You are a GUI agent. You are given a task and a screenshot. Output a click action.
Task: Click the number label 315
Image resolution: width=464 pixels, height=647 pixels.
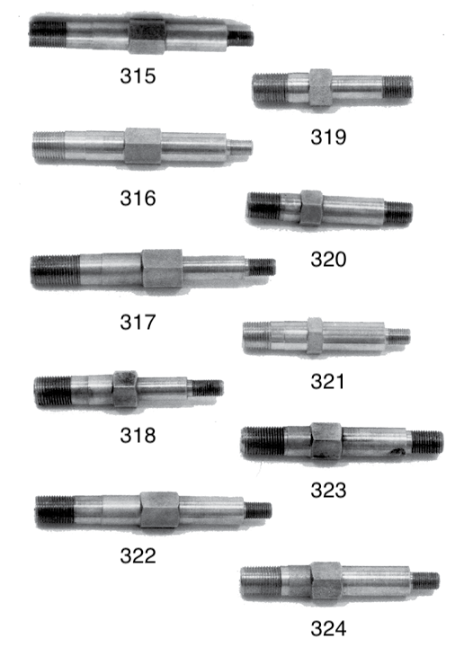click(138, 75)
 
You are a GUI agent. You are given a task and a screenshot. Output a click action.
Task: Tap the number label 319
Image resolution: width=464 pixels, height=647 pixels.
click(328, 137)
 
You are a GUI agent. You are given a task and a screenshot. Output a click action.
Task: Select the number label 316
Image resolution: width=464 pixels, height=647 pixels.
click(138, 198)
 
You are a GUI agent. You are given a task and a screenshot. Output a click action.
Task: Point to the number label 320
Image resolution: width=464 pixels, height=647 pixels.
click(328, 259)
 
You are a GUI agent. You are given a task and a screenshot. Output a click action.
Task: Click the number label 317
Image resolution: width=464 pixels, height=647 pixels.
click(138, 322)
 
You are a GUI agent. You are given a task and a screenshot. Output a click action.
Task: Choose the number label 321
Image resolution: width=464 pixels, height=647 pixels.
click(327, 381)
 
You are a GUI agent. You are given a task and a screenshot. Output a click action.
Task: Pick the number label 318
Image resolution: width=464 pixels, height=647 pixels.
click(138, 435)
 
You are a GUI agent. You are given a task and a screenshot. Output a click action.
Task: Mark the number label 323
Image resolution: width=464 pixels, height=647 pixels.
click(328, 491)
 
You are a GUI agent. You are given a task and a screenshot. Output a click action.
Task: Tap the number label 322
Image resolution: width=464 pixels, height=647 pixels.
click(138, 555)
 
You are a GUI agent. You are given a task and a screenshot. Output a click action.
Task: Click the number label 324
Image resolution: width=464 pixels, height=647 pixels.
click(328, 628)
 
